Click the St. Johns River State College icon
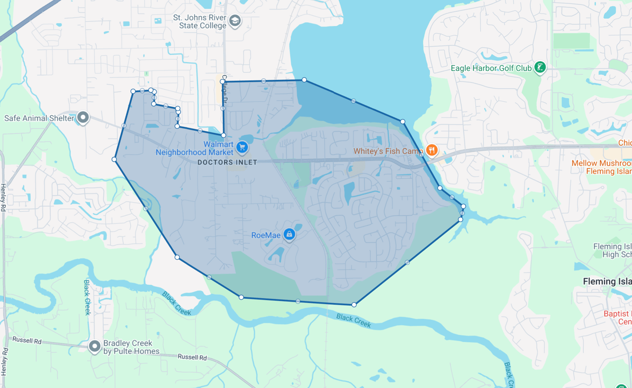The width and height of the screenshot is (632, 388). [235, 21]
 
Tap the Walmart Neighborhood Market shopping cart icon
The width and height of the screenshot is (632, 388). [241, 147]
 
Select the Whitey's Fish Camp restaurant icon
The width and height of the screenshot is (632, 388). [432, 150]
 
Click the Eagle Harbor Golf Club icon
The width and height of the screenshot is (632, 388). [540, 68]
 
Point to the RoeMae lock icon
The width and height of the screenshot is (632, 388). [289, 234]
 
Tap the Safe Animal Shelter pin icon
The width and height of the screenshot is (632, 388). [83, 117]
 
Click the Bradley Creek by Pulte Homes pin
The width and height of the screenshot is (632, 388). [94, 347]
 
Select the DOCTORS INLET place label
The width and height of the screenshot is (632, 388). [227, 162]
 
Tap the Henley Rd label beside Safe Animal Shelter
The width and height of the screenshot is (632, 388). [3, 197]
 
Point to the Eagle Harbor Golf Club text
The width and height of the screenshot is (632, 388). [491, 68]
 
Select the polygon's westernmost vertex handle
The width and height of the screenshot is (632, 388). [114, 159]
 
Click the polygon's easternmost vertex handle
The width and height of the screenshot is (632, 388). [463, 206]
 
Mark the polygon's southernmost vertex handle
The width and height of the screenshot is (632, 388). [354, 305]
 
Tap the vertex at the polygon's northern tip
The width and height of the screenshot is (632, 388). [304, 79]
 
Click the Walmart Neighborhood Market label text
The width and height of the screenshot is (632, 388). [195, 148]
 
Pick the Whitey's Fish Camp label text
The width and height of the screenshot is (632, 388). [388, 151]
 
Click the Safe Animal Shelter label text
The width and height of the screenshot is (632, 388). [39, 118]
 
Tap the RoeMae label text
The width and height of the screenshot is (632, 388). [266, 235]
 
